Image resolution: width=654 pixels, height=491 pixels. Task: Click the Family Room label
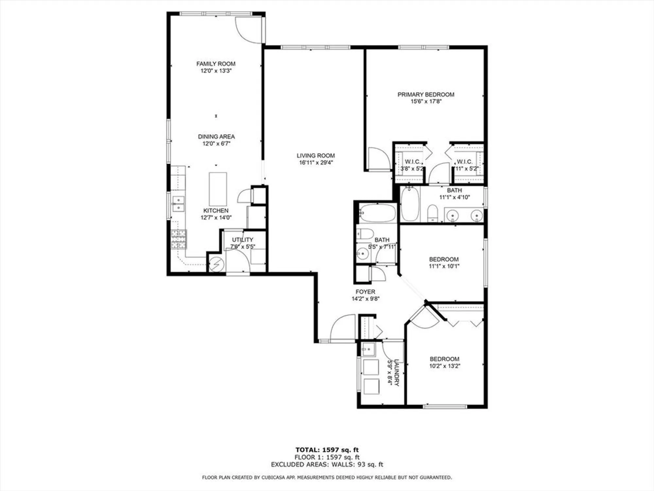click(216, 64)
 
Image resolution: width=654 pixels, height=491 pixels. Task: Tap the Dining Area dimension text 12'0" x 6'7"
click(216, 144)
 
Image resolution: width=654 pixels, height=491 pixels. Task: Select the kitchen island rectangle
click(218, 189)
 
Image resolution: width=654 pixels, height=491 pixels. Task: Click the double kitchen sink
click(178, 204)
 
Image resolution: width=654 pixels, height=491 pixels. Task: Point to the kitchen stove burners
click(179, 239)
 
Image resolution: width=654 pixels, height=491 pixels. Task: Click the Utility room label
click(243, 240)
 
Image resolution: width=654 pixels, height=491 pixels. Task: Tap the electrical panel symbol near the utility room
click(216, 264)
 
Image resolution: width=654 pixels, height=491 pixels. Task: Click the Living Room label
click(316, 156)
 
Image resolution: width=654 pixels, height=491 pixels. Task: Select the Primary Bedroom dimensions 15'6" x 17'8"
click(426, 101)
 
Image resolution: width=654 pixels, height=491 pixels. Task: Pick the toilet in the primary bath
click(432, 213)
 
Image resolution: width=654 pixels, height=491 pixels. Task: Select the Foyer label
click(365, 292)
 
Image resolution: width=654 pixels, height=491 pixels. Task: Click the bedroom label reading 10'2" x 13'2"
click(444, 366)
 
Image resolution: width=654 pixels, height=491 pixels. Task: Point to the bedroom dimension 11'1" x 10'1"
click(444, 266)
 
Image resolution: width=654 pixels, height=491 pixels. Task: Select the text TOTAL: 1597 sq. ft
click(327, 450)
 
